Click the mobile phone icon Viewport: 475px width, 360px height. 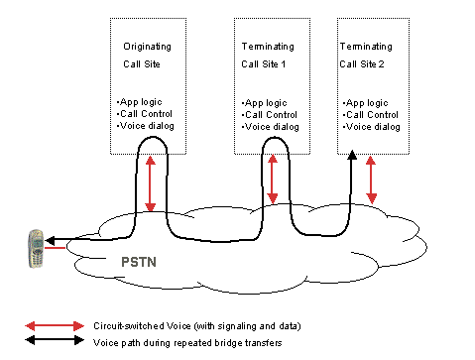37,249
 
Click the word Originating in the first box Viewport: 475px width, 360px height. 147,47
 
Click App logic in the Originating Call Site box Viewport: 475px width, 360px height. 139,101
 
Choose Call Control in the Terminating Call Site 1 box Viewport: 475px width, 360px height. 268,115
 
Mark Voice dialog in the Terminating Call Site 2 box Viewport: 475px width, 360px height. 372,127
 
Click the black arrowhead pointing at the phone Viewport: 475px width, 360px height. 49,240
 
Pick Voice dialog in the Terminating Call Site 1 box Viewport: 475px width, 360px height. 270,127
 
